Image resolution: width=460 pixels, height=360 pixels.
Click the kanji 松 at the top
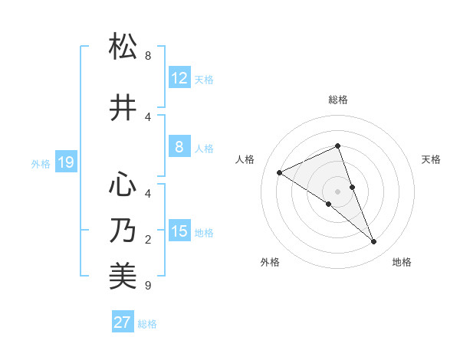click(x=123, y=47)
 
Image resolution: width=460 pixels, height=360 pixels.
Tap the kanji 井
click(x=123, y=108)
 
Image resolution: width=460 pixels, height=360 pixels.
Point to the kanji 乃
click(x=123, y=231)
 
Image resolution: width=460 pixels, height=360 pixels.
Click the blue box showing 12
click(x=179, y=78)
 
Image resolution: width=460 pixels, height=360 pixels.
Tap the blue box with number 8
click(x=179, y=148)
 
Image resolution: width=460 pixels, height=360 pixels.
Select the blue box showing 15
click(x=179, y=231)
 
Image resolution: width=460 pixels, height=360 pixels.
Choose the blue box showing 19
click(x=65, y=162)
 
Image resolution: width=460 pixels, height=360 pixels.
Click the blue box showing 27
click(x=123, y=322)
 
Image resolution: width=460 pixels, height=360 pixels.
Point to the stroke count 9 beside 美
click(x=148, y=286)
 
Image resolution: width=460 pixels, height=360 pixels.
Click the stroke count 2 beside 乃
click(x=148, y=240)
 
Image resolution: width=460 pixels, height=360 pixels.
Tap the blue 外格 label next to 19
click(x=41, y=163)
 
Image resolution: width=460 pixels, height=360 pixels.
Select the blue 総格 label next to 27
click(x=147, y=324)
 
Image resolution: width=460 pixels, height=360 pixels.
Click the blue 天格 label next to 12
click(x=204, y=80)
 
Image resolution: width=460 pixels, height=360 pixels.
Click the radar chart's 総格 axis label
click(x=337, y=100)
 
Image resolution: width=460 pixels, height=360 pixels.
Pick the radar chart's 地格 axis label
click(x=402, y=262)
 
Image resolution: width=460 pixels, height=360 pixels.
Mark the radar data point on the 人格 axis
click(x=279, y=172)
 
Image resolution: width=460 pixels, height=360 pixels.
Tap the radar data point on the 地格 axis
click(x=374, y=242)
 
